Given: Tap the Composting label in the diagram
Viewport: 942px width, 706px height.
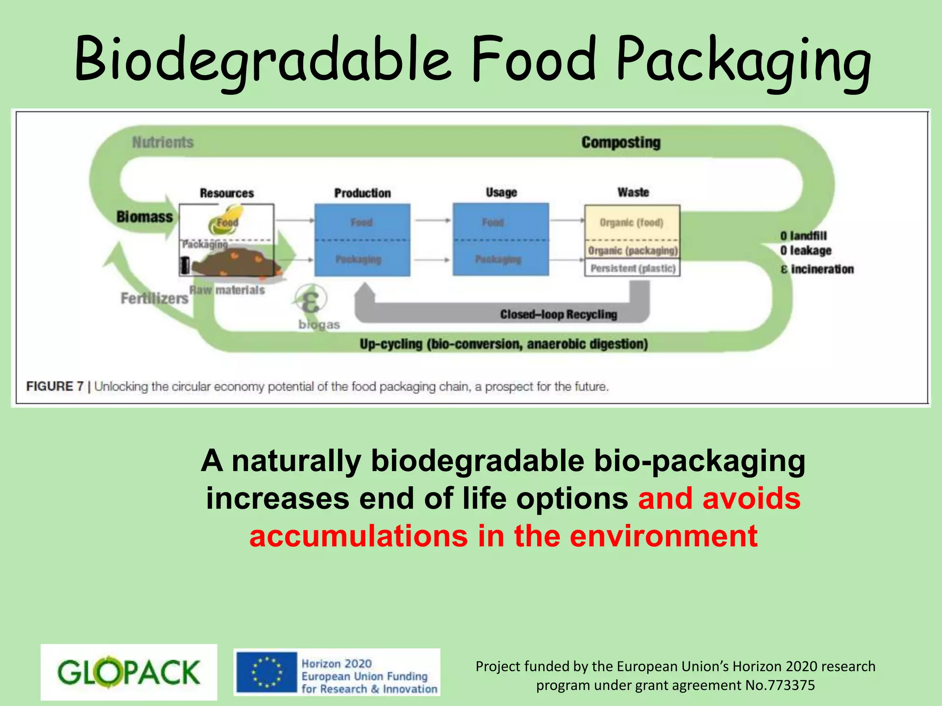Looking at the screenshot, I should (x=620, y=142).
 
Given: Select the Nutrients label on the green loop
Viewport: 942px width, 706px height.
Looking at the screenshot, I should (x=163, y=142).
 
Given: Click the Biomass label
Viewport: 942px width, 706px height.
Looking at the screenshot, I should (x=144, y=216).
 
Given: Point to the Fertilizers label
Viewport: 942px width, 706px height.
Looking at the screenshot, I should (x=154, y=298).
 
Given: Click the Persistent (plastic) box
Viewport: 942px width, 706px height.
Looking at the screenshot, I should (x=632, y=268).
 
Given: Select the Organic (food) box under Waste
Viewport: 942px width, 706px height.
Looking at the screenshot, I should (x=632, y=222).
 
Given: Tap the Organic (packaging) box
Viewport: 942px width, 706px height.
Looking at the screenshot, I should (x=632, y=251).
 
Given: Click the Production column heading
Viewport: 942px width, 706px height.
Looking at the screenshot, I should (x=362, y=193).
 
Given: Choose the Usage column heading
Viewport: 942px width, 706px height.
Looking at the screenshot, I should (x=501, y=192).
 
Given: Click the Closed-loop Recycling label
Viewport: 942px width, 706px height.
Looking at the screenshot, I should (x=558, y=314).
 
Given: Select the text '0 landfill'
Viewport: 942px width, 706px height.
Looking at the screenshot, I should (x=804, y=236).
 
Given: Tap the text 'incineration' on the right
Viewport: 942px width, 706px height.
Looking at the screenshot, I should (x=822, y=269).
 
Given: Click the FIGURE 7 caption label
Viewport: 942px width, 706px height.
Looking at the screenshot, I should (x=55, y=387).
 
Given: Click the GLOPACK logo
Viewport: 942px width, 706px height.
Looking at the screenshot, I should (x=129, y=672).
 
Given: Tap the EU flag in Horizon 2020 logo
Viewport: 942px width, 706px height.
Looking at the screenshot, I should (x=266, y=672).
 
